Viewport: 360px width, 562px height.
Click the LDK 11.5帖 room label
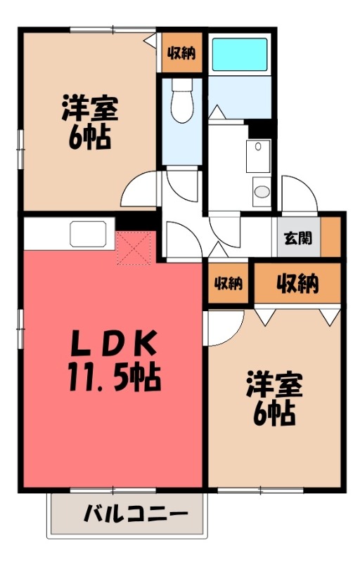coord(114,362)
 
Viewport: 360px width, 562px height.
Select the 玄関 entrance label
coord(296,237)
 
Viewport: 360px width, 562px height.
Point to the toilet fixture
coord(182,104)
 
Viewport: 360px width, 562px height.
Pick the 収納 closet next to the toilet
coord(181,53)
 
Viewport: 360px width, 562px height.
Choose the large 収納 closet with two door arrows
coord(296,285)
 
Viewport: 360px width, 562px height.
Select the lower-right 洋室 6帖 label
coord(274,399)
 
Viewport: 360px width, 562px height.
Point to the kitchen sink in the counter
coord(88,233)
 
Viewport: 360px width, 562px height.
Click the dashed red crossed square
coord(134,247)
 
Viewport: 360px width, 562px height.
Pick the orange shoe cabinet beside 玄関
coord(330,236)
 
